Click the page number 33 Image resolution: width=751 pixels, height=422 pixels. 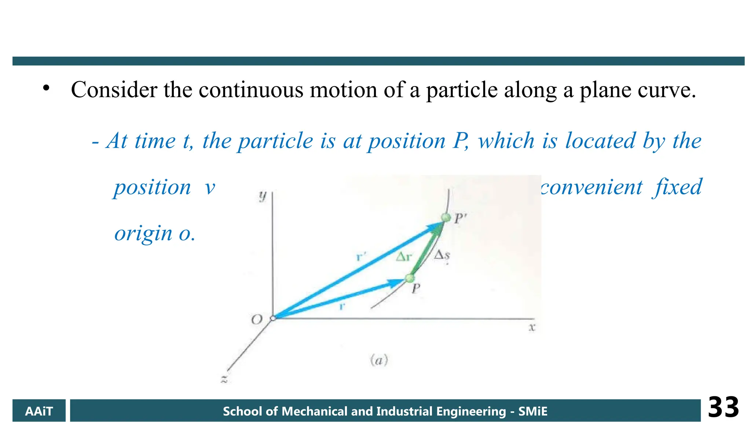[723, 407]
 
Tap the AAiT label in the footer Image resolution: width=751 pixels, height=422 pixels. [39, 411]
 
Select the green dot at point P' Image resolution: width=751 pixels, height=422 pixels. [446, 218]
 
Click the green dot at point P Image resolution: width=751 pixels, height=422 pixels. [409, 278]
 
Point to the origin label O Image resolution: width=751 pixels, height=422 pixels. [257, 319]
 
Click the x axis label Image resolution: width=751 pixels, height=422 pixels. [532, 327]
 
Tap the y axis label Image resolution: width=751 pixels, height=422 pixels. [263, 196]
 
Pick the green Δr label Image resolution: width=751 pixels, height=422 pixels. [404, 257]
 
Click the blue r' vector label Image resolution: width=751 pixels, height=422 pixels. [361, 256]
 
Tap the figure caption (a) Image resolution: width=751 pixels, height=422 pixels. [379, 360]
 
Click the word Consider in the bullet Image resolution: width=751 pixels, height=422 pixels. [114, 90]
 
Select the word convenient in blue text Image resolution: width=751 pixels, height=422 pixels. [591, 187]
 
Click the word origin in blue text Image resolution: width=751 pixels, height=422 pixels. [143, 233]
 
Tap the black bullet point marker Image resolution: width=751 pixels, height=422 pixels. [46, 88]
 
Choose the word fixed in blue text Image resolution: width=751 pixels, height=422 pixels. [677, 187]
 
